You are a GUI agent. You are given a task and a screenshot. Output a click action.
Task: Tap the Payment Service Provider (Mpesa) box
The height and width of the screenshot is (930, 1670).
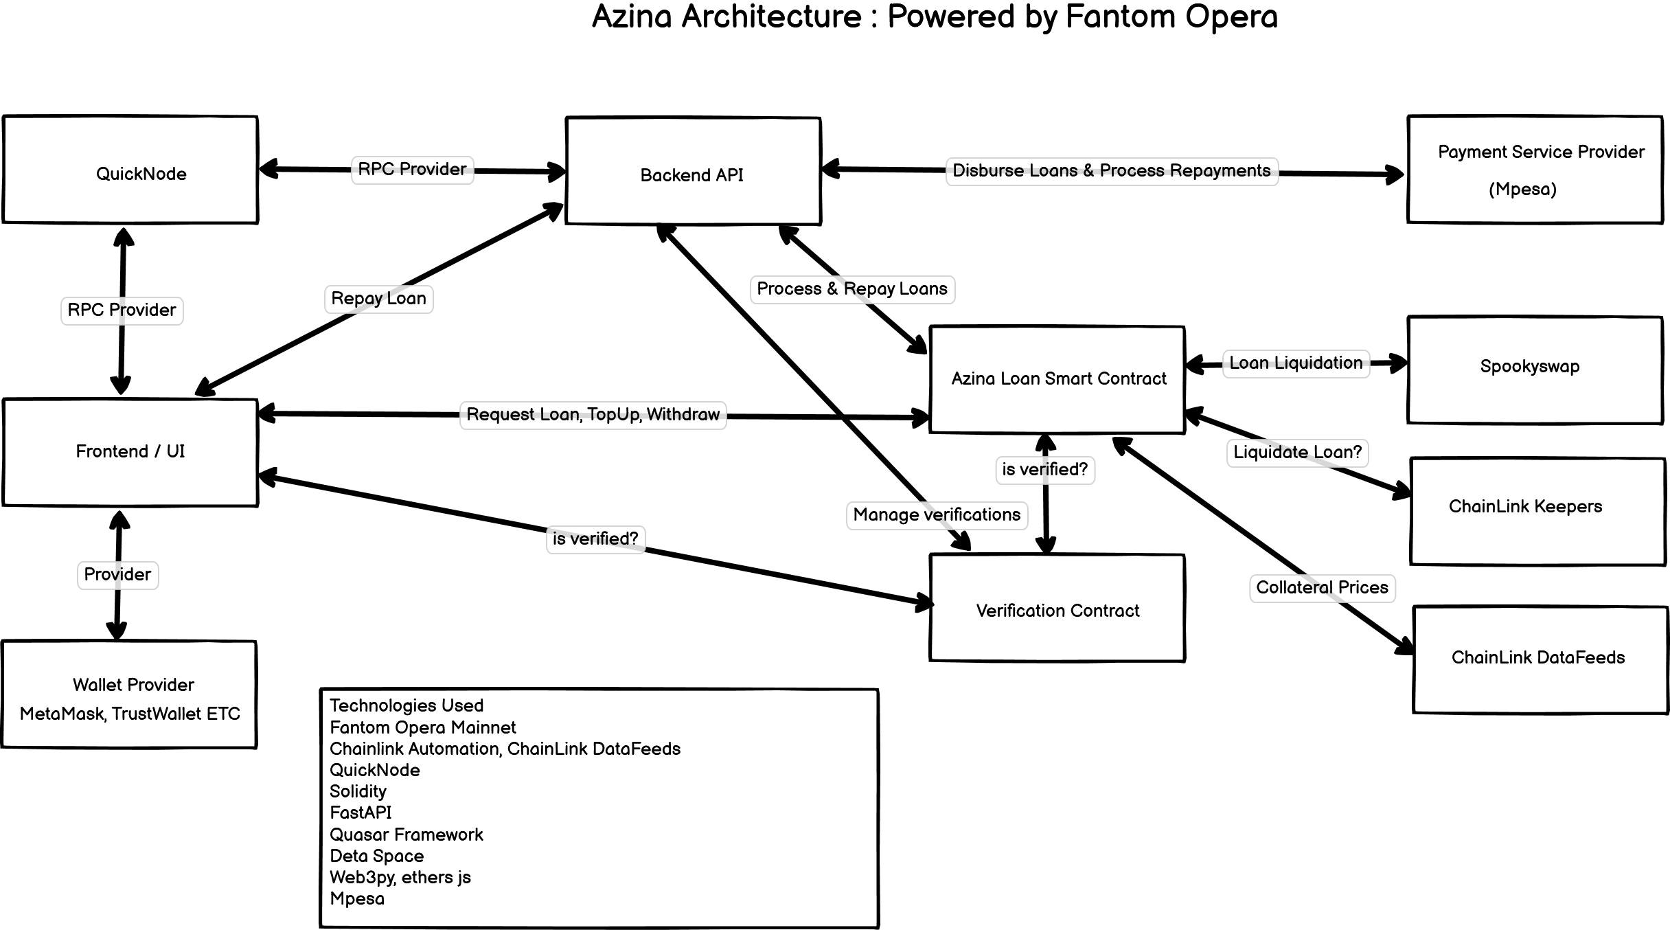coord(1535,170)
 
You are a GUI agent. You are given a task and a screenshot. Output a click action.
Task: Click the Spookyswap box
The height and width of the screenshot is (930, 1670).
coord(1535,370)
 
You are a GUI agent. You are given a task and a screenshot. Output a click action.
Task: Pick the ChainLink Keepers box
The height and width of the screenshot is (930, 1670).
coord(1537,512)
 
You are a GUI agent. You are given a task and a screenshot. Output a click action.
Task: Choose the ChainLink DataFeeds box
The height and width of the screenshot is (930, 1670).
coord(1540,659)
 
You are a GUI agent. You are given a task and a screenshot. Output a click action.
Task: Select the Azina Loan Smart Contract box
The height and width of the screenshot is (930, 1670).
coord(1057,379)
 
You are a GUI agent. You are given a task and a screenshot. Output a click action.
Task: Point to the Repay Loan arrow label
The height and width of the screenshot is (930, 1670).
coord(378,299)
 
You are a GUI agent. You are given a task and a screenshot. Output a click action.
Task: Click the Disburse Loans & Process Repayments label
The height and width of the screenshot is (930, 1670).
coord(1111,171)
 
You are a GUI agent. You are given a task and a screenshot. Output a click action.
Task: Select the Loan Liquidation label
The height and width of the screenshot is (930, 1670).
coord(1296,363)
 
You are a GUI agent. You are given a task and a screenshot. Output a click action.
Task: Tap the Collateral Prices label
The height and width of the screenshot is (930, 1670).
coord(1322,588)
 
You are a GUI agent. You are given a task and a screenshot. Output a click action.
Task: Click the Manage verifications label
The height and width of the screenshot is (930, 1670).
coord(937,515)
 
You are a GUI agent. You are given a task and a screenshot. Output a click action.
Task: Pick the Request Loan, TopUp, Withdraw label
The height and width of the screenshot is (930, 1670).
coord(593,415)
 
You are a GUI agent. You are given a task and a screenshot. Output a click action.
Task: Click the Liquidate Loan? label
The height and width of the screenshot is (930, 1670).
coord(1297,453)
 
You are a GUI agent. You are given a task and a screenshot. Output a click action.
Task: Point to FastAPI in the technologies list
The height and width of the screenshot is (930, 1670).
coord(361,813)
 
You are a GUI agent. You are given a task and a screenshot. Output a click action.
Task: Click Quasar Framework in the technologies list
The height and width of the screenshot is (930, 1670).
coord(407,835)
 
